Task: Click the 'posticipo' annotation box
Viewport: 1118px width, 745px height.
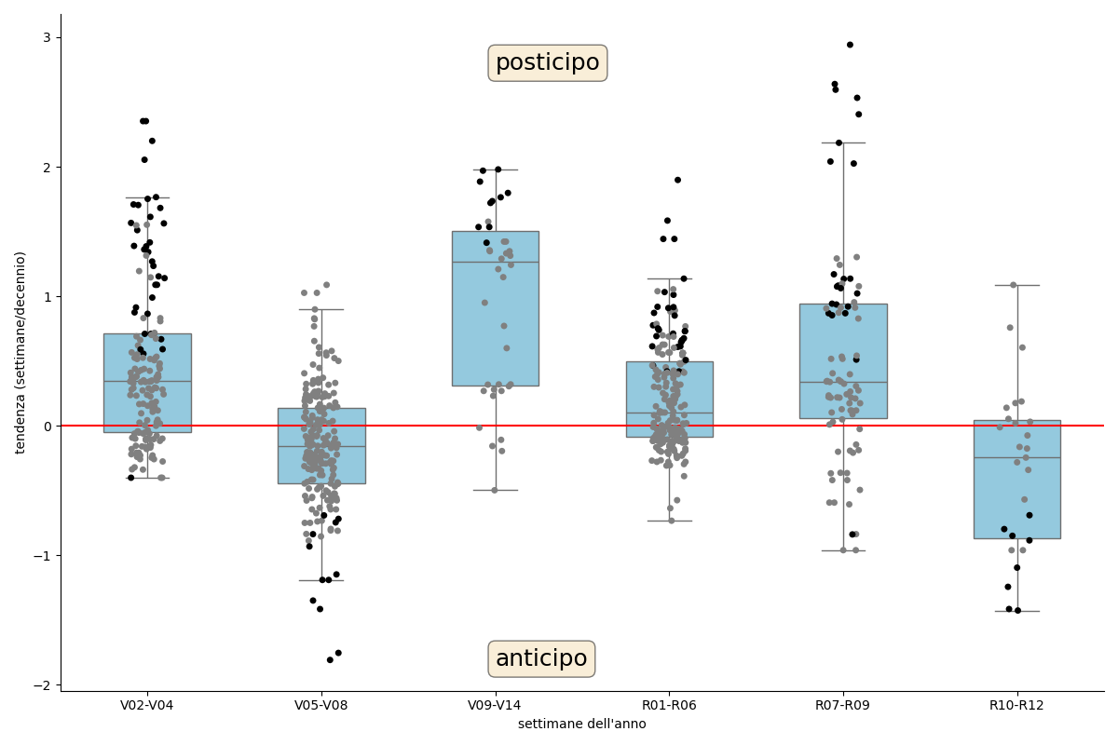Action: pos(547,63)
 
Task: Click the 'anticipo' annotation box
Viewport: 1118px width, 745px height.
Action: pos(541,659)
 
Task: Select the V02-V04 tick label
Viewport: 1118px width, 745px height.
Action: pos(147,706)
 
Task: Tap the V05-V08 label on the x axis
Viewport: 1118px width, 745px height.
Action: pos(321,706)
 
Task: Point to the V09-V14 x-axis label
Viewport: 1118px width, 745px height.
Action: pos(495,706)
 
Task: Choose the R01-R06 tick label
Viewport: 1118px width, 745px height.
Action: pos(669,706)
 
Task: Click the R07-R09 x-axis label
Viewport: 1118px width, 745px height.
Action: pos(843,706)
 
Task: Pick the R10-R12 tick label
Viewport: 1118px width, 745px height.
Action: pos(1016,706)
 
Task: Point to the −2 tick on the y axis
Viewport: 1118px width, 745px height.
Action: pos(43,684)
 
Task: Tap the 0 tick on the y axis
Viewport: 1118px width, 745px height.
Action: pos(47,426)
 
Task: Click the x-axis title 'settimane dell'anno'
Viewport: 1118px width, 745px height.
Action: pos(581,725)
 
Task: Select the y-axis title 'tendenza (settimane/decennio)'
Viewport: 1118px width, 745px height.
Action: pos(20,352)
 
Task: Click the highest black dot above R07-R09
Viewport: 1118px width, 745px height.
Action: pos(850,45)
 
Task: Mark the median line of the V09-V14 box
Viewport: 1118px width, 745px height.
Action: pos(495,262)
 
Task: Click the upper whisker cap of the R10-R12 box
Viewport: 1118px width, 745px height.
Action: pos(1016,285)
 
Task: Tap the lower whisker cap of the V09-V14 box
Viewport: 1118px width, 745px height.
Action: pos(495,490)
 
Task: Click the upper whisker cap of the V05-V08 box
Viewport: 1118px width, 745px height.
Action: pos(321,309)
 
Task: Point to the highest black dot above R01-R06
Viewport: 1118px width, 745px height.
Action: pos(677,180)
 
